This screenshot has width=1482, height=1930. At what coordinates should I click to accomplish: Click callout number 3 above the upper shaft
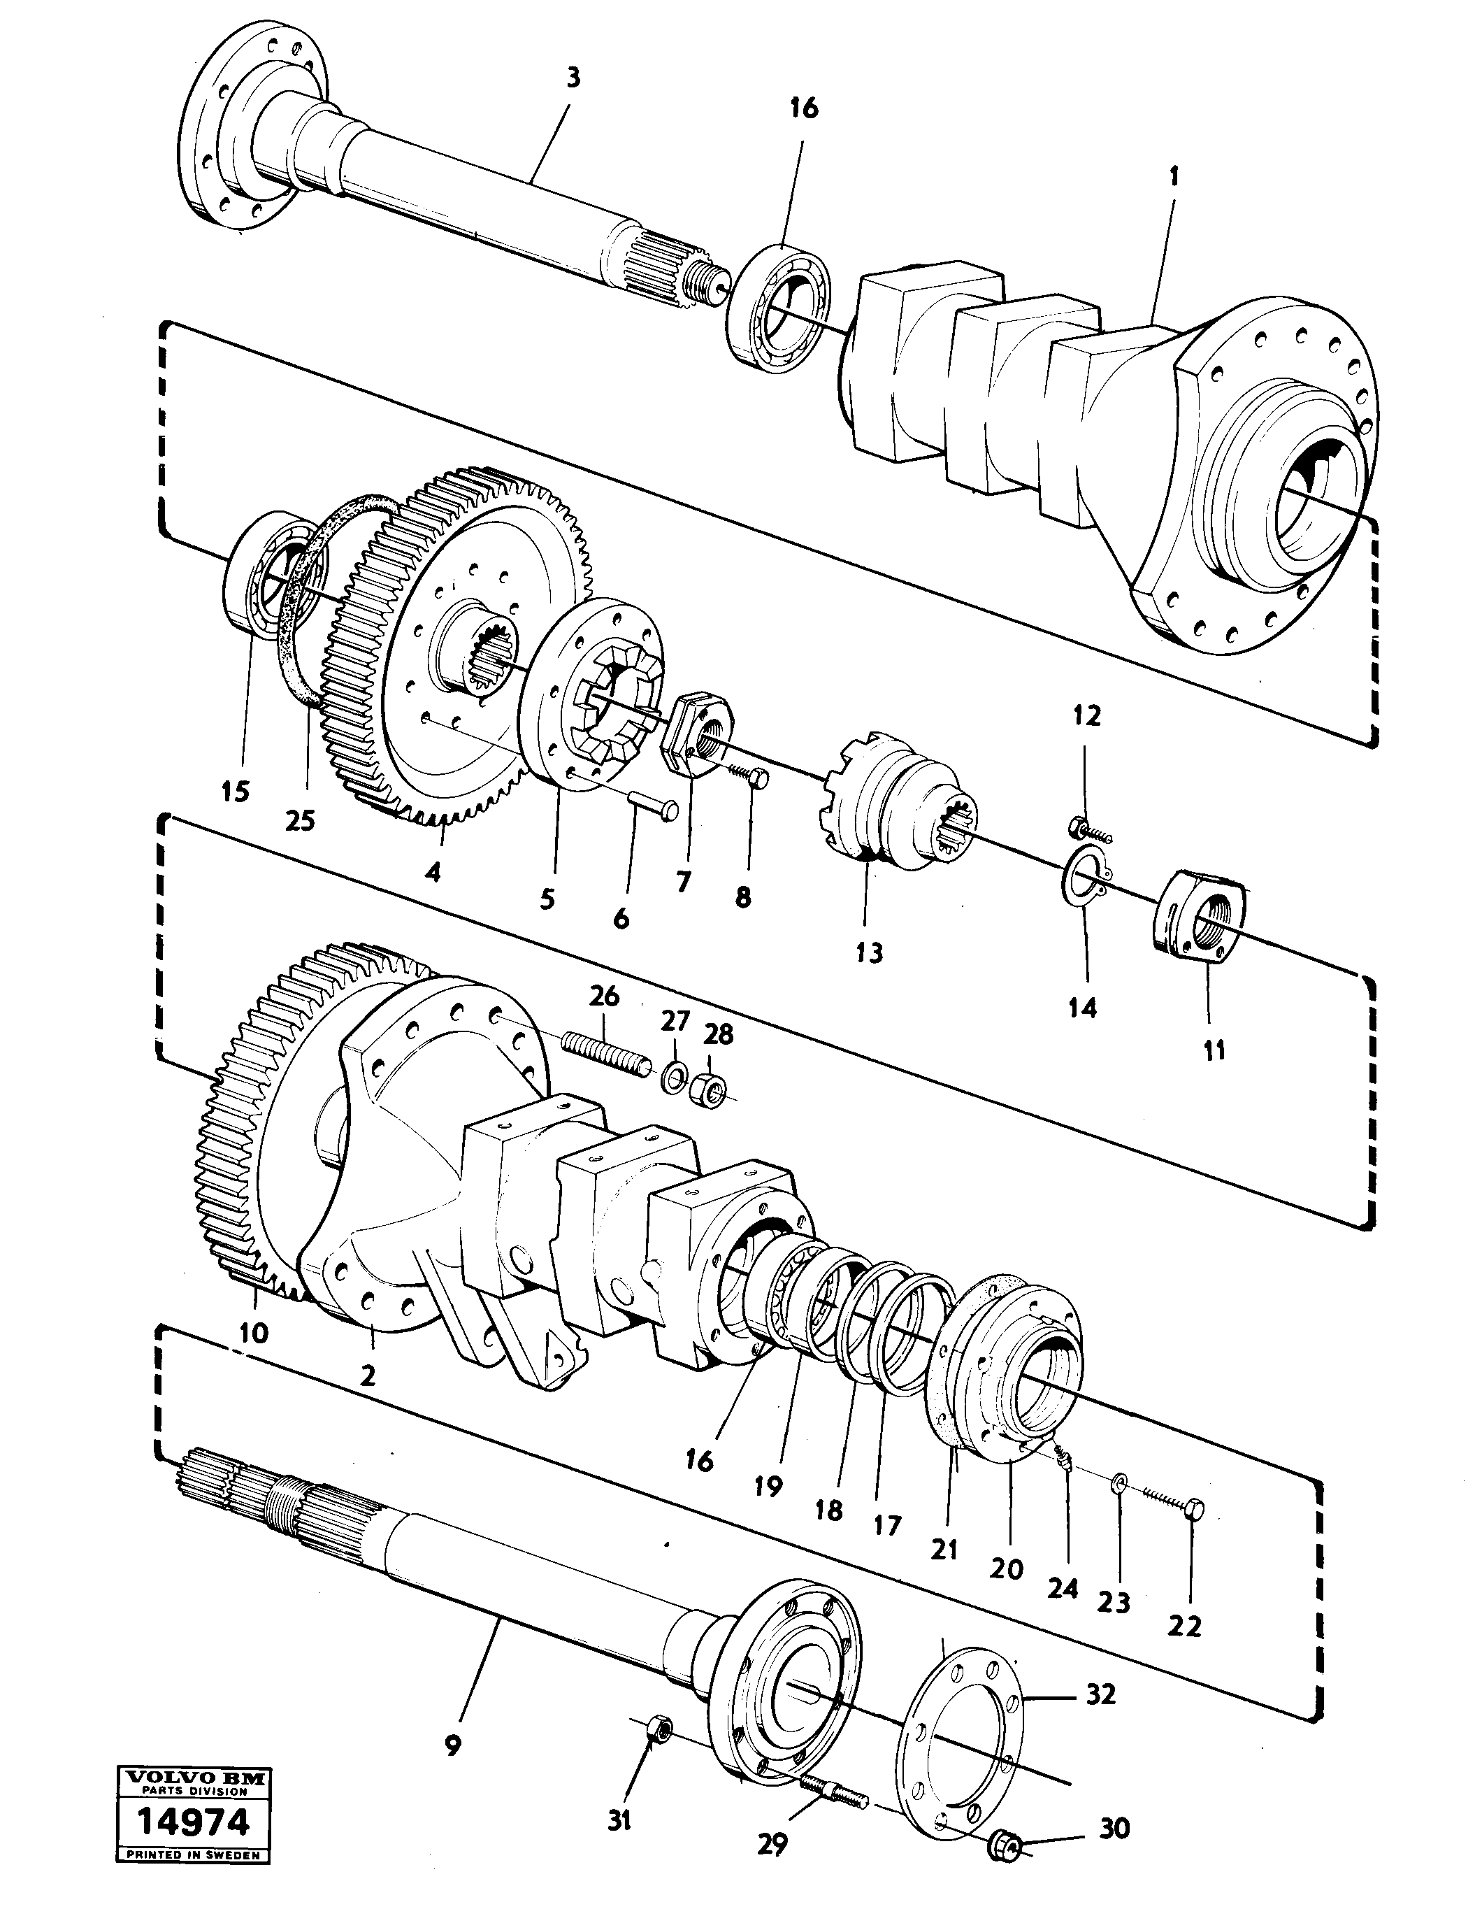click(573, 78)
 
